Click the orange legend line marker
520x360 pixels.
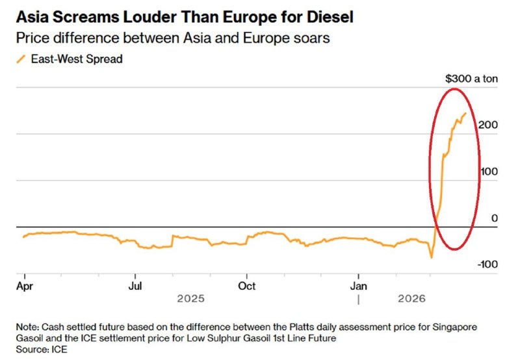pos(21,59)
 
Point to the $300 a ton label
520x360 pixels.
pos(471,79)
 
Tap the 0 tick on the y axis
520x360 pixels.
pos(494,218)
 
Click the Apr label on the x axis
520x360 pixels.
pos(25,285)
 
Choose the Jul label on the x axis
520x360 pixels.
pos(135,285)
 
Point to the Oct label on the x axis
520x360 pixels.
pos(247,285)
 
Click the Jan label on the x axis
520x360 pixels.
pos(359,285)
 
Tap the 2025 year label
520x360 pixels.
pos(191,299)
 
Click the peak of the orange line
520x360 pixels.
pos(465,114)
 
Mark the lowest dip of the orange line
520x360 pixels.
pos(431,257)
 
